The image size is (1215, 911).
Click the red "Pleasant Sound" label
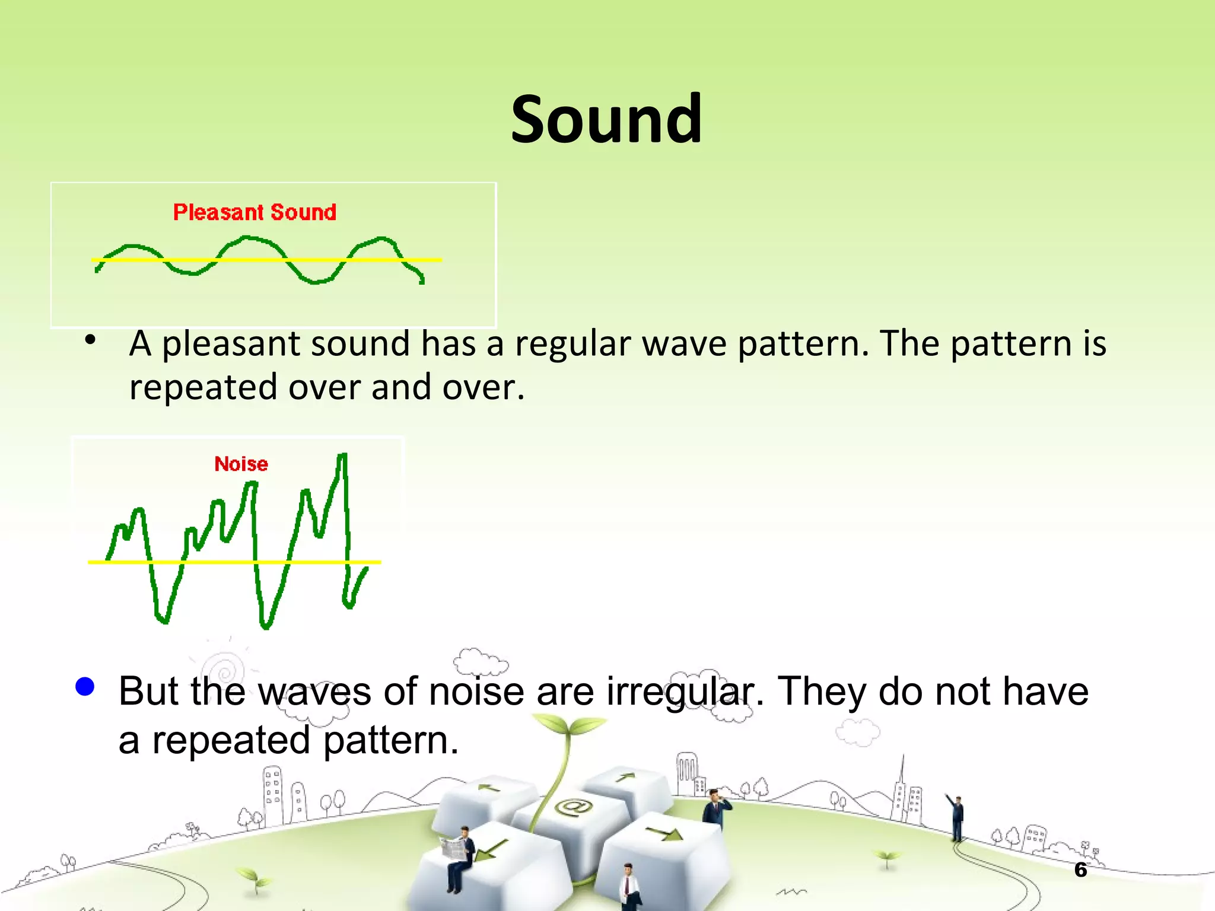tap(255, 212)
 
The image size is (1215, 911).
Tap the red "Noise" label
tap(241, 464)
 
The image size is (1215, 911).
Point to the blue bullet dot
tap(85, 686)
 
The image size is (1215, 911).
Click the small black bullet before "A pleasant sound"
tap(90, 340)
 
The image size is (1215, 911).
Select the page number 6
tap(1080, 870)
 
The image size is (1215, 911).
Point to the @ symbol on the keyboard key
tap(573, 807)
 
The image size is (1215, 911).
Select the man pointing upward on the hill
tap(956, 817)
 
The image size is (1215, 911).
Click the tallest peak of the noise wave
tap(343, 455)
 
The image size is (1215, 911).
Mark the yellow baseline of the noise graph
tap(234, 562)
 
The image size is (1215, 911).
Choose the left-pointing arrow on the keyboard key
tap(490, 788)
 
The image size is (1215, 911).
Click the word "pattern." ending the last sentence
tap(391, 741)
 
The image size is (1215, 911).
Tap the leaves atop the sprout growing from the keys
tap(568, 724)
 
